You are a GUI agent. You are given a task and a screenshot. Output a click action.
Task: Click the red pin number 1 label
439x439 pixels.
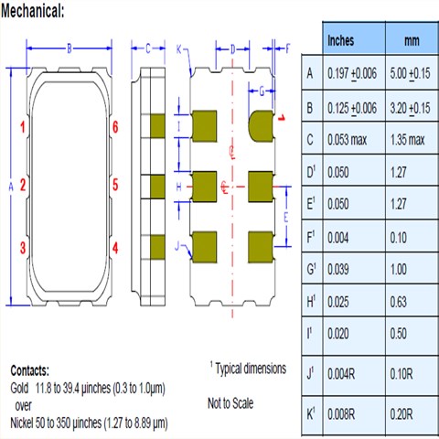click(23, 127)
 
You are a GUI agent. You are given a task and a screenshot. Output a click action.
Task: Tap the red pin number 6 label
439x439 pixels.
click(115, 127)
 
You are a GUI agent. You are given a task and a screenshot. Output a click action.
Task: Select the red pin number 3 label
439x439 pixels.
click(23, 248)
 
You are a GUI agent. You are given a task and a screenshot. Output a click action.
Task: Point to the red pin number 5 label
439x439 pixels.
click(115, 185)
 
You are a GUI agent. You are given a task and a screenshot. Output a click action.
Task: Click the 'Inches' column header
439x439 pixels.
click(340, 40)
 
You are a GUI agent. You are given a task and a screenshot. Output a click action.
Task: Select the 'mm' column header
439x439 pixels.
click(412, 40)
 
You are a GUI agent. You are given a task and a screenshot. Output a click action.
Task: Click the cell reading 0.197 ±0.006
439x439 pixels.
click(352, 73)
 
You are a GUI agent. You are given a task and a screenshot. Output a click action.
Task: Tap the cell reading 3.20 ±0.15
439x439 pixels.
click(410, 108)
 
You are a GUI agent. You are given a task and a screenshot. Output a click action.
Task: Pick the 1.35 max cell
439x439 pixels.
click(408, 140)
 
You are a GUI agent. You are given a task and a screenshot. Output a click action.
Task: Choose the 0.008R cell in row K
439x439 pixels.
click(341, 414)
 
